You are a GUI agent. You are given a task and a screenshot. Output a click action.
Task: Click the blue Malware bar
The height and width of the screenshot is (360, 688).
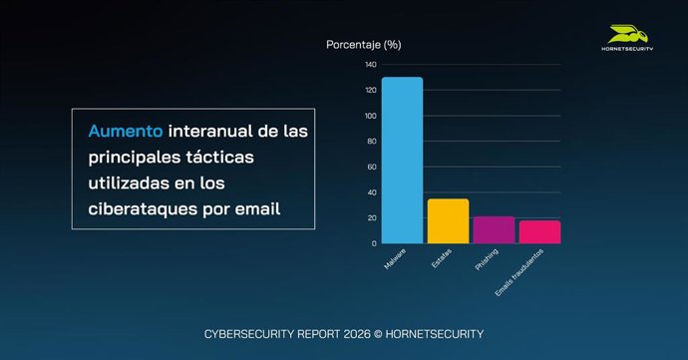(402, 160)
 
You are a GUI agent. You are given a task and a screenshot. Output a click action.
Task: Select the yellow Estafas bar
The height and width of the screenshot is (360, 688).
(448, 220)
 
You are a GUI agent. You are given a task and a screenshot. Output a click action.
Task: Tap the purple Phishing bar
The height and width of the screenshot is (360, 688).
(494, 229)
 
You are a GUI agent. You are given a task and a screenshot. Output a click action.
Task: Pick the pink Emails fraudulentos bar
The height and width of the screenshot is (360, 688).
(539, 231)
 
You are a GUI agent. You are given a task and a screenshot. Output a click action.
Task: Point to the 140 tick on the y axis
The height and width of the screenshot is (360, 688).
(370, 65)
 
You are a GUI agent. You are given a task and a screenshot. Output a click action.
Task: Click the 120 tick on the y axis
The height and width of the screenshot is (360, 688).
(370, 91)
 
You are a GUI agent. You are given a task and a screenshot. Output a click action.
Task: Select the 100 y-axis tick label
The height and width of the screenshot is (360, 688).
(370, 116)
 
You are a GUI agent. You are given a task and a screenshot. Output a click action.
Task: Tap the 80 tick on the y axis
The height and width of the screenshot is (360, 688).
(372, 142)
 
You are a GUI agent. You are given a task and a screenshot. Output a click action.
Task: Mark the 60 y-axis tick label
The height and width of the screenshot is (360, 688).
(372, 167)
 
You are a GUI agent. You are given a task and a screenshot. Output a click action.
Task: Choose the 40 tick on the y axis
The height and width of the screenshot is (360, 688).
(372, 192)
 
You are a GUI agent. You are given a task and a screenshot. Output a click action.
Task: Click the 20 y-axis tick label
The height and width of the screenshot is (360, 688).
(372, 217)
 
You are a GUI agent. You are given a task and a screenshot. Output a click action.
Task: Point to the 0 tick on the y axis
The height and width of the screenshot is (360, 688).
(374, 243)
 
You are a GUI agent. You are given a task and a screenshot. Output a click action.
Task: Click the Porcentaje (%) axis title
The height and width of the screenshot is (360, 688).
(364, 45)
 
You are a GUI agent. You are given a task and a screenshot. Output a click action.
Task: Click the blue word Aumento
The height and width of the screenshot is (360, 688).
(126, 132)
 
